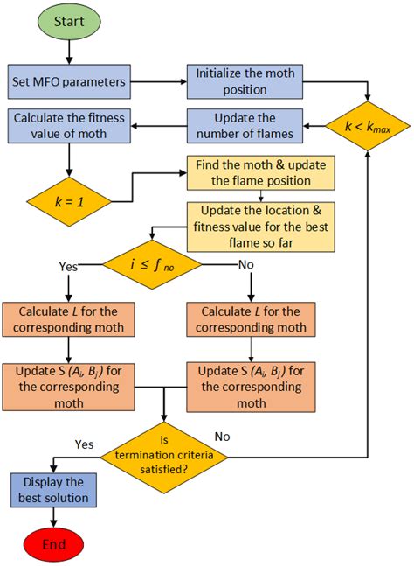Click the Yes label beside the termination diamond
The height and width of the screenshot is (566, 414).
point(85,444)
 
